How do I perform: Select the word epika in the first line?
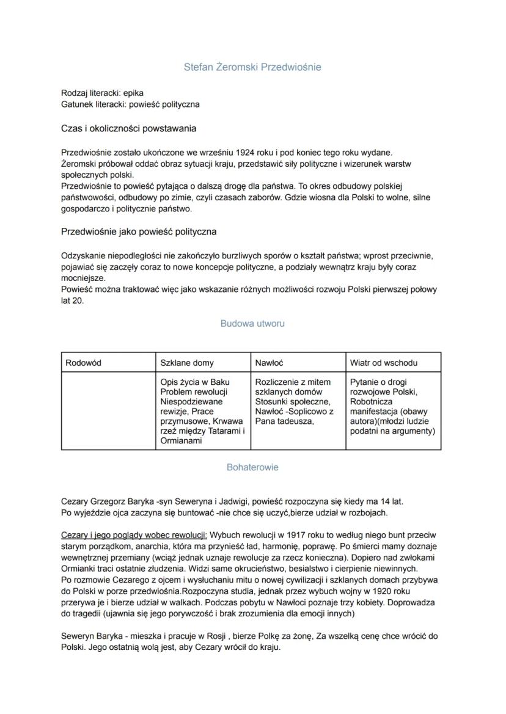[x=134, y=94]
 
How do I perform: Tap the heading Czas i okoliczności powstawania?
[x=128, y=129]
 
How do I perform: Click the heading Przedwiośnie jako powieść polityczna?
[x=139, y=232]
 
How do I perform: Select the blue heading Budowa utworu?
[x=252, y=323]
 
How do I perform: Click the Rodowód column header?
[x=83, y=363]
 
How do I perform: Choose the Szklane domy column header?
[x=187, y=363]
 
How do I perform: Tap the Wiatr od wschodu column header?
[x=384, y=363]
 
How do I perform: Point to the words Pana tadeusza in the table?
[x=284, y=421]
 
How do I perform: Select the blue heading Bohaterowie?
[x=252, y=467]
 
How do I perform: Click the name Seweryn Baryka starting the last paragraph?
[x=90, y=636]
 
